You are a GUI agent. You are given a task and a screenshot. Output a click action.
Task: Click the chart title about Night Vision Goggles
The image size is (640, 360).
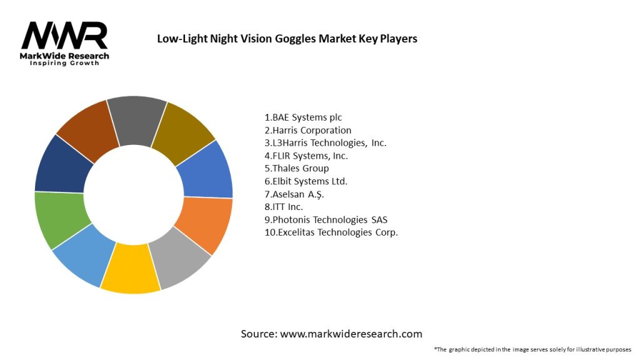[287, 39]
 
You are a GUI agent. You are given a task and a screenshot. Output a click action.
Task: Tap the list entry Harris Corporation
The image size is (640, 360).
[308, 130]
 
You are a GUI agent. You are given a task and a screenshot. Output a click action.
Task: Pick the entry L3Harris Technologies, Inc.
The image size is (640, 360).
[326, 142]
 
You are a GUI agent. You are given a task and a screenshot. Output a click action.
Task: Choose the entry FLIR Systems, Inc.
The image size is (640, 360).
[306, 156]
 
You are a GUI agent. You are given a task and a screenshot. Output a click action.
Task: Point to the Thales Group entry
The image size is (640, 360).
[297, 168]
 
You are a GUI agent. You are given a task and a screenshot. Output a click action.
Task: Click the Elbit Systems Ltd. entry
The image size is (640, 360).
[306, 181]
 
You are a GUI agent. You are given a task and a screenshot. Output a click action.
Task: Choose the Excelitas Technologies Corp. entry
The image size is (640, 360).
[331, 232]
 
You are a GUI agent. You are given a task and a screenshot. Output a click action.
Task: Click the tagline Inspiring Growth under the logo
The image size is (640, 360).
[64, 63]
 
